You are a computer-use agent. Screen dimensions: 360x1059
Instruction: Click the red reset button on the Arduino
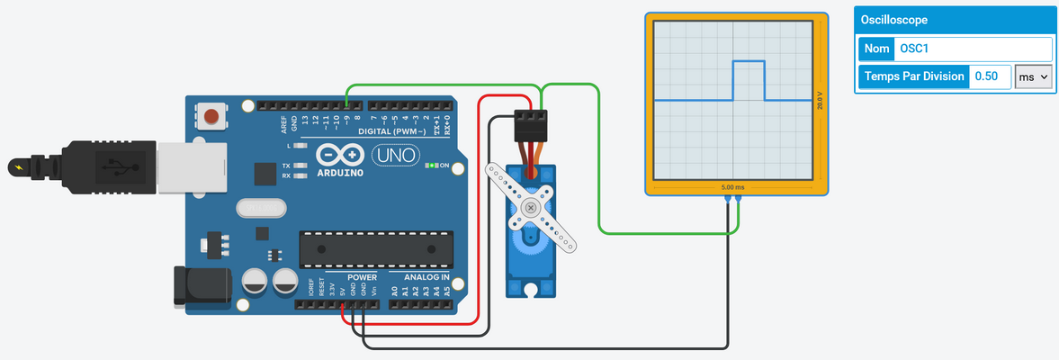pyautogui.click(x=211, y=116)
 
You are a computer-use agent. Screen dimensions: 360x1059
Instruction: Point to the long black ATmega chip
pyautogui.click(x=376, y=250)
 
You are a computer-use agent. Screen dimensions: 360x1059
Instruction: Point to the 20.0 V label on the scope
pyautogui.click(x=819, y=100)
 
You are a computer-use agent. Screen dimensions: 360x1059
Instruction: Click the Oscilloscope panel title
pyautogui.click(x=894, y=20)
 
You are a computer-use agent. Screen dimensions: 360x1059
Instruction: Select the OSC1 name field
pyautogui.click(x=972, y=49)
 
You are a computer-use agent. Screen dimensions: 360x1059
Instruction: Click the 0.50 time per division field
pyautogui.click(x=989, y=76)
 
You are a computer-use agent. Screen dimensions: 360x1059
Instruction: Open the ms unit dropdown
pyautogui.click(x=1033, y=76)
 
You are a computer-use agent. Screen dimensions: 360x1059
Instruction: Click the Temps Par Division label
pyautogui.click(x=913, y=76)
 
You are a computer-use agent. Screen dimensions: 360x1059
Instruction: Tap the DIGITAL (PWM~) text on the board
pyautogui.click(x=393, y=131)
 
